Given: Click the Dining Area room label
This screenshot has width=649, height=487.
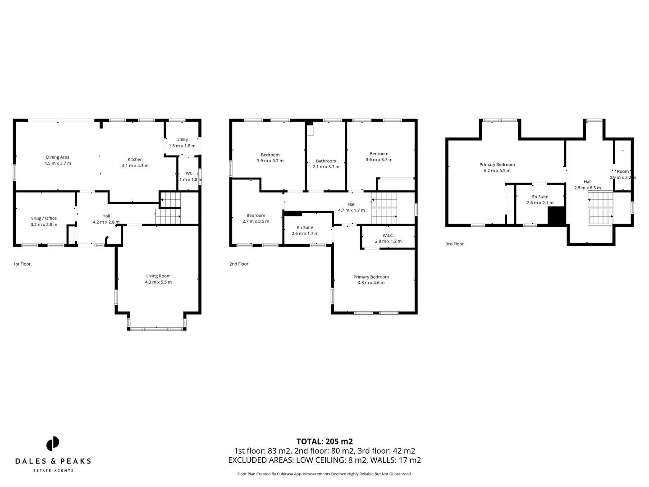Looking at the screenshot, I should [58, 157].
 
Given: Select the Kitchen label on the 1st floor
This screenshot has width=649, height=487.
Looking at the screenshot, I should [135, 159].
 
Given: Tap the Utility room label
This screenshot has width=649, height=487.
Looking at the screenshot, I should [182, 140].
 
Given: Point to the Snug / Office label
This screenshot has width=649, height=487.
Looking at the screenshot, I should [44, 218].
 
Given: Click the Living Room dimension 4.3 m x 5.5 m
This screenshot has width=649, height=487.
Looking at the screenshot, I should [158, 282].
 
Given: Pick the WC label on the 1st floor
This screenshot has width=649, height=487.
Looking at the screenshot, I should [189, 173].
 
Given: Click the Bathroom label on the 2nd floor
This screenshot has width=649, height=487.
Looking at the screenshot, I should [326, 161].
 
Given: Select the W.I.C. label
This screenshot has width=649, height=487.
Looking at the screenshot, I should [388, 235].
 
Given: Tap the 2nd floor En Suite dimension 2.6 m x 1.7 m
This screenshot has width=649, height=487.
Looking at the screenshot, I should [305, 234].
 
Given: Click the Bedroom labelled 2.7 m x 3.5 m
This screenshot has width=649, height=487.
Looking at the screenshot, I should [256, 216].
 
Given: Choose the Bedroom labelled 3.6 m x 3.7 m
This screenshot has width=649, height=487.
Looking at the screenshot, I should [379, 154].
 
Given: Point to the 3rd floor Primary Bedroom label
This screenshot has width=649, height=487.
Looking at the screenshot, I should [497, 165].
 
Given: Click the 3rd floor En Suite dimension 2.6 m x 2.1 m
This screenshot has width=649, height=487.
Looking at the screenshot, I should [540, 203].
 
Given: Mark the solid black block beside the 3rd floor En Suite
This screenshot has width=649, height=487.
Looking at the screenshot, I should [556, 216].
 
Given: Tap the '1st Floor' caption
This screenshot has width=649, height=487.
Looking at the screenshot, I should [22, 264].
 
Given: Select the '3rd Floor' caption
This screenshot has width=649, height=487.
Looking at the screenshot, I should [454, 244].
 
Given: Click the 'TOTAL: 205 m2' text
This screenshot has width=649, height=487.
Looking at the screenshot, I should [324, 441].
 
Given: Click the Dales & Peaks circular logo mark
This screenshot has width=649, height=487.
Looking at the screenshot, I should [53, 443].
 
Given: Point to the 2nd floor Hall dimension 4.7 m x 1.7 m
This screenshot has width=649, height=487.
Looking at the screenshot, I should [352, 210].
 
